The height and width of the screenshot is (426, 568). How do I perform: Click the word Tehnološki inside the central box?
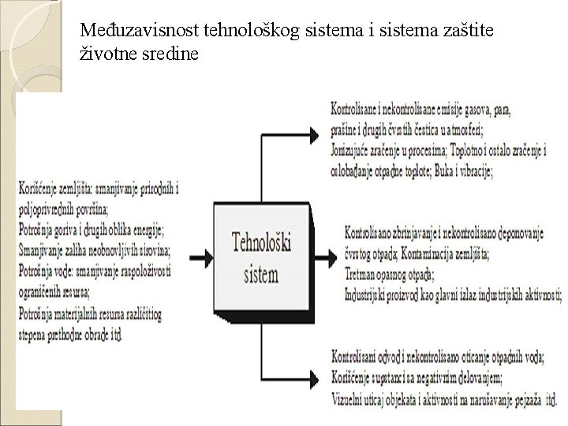(260, 243)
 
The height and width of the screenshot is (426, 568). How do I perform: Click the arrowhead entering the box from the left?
(206, 256)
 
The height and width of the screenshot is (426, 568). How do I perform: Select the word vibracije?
(473, 171)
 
